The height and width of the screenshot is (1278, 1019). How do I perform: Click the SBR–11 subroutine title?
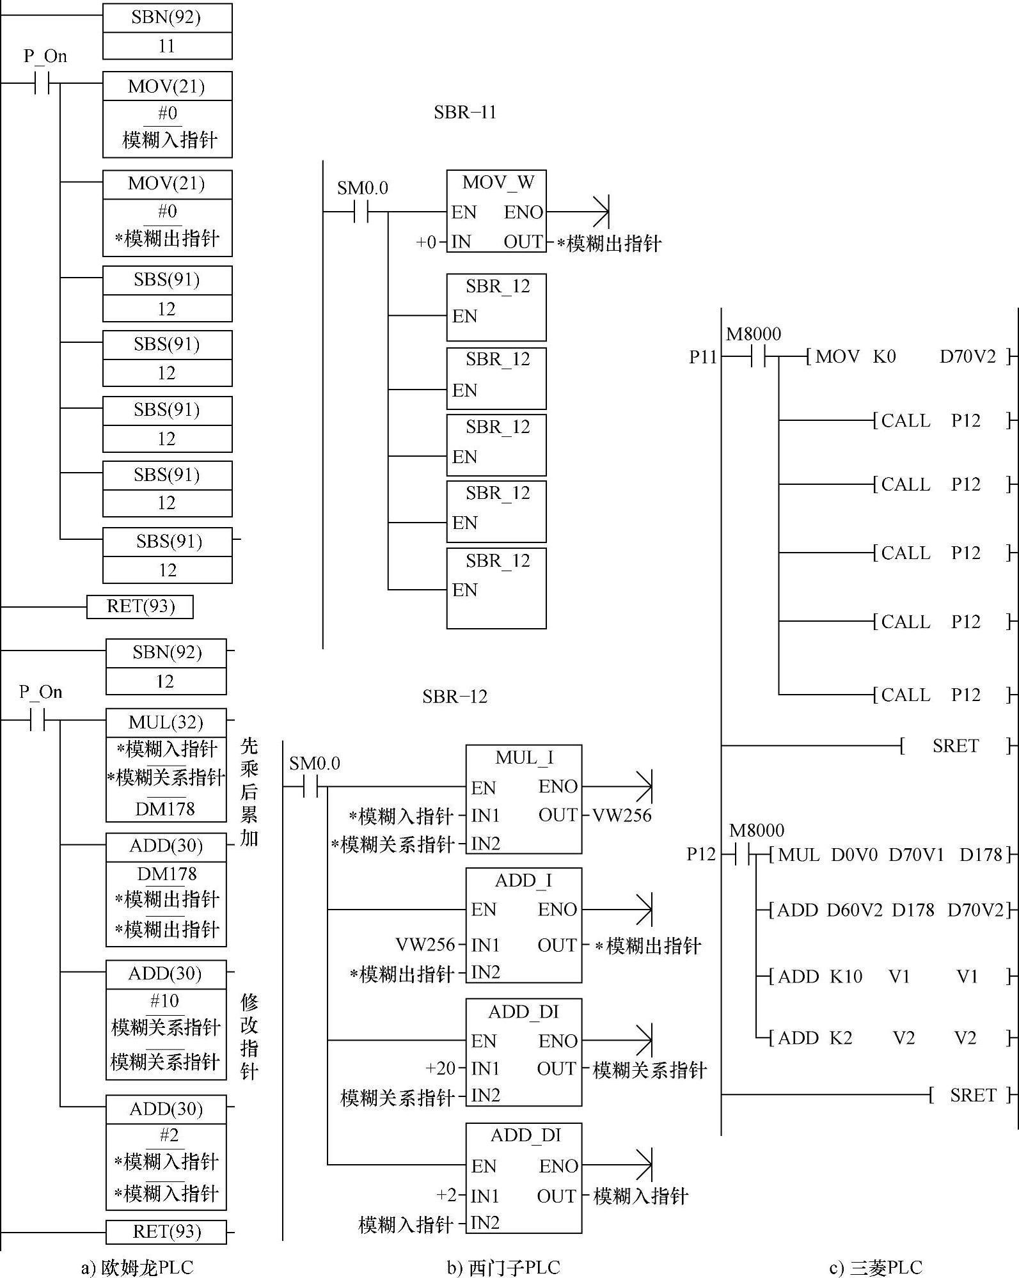click(x=465, y=113)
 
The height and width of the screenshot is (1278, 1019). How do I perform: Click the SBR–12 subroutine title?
click(x=455, y=697)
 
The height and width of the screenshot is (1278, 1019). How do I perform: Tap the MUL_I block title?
click(x=524, y=758)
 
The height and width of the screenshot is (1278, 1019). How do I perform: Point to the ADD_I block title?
click(x=523, y=881)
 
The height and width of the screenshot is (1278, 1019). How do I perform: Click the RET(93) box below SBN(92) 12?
click(x=166, y=1231)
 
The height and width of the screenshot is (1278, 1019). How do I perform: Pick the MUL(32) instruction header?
click(x=166, y=722)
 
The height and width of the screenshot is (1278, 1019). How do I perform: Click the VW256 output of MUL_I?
click(x=622, y=816)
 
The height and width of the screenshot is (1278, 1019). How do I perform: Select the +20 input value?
click(x=441, y=1068)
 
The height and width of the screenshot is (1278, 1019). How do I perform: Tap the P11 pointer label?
click(x=703, y=357)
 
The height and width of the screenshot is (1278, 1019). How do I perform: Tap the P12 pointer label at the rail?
click(x=701, y=855)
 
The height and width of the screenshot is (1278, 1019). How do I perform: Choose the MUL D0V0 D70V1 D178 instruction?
click(x=891, y=855)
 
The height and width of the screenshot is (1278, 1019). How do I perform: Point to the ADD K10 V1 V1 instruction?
click(x=891, y=977)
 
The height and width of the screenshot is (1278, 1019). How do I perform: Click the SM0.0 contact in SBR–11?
click(x=362, y=212)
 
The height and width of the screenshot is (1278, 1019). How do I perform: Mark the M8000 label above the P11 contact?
click(x=754, y=334)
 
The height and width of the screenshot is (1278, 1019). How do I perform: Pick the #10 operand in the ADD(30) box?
click(x=164, y=1000)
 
